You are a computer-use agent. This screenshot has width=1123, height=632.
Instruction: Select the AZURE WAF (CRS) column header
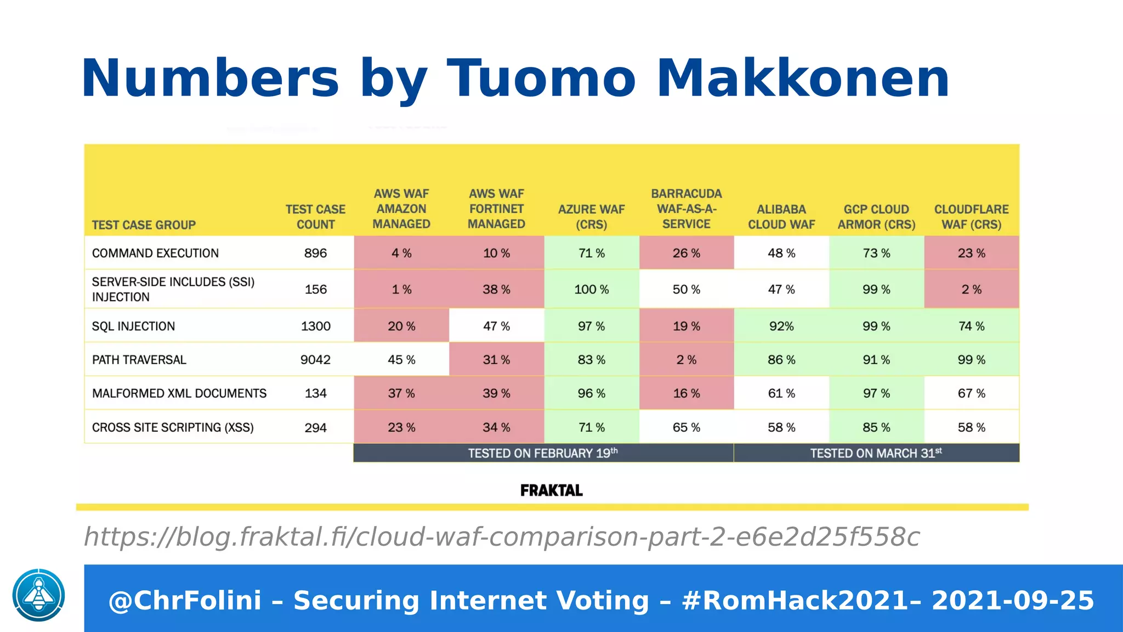click(591, 217)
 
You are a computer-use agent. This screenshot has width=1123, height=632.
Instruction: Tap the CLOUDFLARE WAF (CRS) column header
click(971, 217)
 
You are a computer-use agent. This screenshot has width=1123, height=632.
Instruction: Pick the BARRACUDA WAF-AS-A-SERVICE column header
click(686, 209)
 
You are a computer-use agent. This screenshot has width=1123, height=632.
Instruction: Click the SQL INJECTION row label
click(133, 326)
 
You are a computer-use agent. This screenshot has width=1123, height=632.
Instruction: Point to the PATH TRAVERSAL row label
click(139, 360)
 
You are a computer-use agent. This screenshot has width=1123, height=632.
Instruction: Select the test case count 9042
click(315, 360)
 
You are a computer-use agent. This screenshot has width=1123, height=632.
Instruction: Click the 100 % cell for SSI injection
click(591, 289)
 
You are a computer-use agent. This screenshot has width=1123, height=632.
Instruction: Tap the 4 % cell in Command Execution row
click(401, 253)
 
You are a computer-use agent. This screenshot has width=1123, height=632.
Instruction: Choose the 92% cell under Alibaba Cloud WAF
click(781, 326)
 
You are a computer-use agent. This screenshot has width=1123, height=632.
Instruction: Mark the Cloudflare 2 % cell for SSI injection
click(971, 289)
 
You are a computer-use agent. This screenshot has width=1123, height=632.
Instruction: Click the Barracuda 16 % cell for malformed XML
click(686, 393)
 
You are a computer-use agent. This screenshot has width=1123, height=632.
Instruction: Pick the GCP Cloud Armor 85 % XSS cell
click(876, 427)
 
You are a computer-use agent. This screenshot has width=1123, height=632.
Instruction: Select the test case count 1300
click(315, 326)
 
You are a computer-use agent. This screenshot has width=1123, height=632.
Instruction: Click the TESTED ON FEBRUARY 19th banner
click(543, 453)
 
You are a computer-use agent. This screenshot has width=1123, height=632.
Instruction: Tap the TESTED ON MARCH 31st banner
click(876, 453)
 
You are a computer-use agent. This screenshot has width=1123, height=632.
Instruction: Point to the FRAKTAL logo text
click(551, 490)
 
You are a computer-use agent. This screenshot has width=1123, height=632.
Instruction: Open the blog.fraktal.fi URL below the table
click(501, 537)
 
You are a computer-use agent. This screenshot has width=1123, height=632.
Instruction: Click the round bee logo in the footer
click(39, 595)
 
